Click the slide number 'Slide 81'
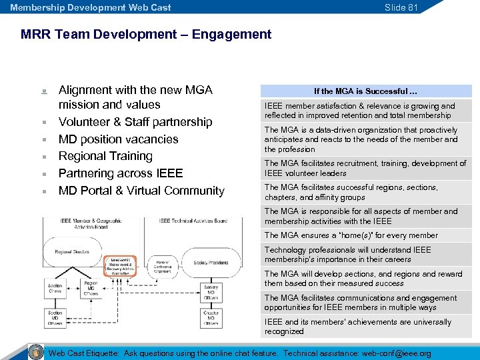(401, 7)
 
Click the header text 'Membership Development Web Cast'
(91, 7)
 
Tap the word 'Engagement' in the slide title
(231, 34)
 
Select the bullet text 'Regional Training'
(105, 156)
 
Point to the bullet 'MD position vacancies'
(118, 139)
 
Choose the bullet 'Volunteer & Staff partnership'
(135, 122)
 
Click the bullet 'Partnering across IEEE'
(121, 173)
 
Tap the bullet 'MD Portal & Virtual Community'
(141, 191)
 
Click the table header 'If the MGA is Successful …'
(365, 91)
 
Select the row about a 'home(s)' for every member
(351, 235)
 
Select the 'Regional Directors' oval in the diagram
(73, 252)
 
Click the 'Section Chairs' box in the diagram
(55, 289)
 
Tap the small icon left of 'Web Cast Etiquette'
(37, 352)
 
